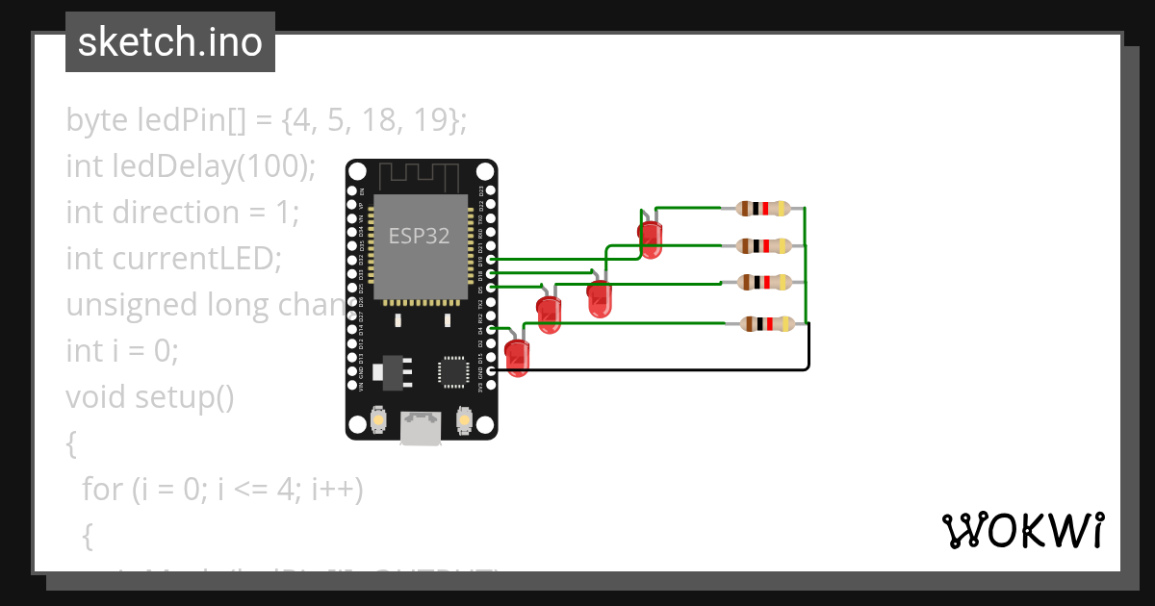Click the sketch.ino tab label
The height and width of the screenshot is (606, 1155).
(170, 42)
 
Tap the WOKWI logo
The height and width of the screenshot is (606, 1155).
(1022, 530)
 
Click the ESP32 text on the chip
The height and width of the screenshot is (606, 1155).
(419, 236)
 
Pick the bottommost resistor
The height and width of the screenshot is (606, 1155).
(765, 324)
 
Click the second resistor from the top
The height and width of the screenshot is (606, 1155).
(763, 245)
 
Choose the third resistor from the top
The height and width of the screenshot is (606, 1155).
(763, 283)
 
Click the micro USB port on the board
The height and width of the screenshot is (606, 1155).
(422, 429)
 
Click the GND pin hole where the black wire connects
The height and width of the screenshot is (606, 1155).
(491, 371)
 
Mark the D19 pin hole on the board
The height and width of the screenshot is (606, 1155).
(491, 260)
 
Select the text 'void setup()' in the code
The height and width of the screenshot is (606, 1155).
(150, 396)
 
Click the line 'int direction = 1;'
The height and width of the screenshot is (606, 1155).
(183, 212)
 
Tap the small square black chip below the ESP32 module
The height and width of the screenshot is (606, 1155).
(452, 371)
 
